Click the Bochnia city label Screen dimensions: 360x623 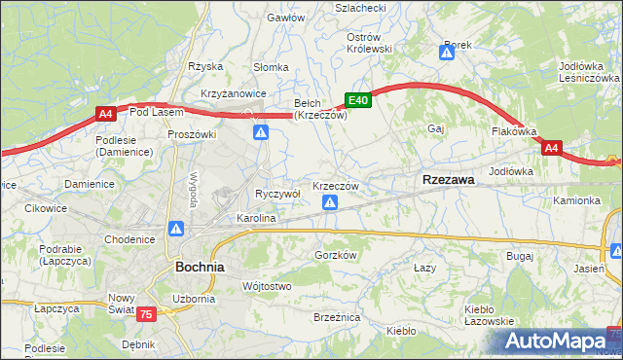[x=200, y=266]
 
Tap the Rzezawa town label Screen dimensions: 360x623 [x=448, y=180]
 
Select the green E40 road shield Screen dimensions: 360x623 [x=358, y=99]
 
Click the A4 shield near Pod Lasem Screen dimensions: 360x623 [x=106, y=115]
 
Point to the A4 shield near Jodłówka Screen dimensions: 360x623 [x=552, y=148]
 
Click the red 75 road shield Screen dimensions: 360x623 [x=146, y=313]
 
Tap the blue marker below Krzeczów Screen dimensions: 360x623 [x=331, y=202]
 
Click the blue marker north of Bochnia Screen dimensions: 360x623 [x=176, y=230]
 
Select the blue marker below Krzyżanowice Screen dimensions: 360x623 [x=261, y=132]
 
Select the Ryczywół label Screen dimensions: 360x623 [x=277, y=194]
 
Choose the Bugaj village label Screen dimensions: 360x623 [x=520, y=256]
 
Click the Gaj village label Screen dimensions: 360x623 [x=436, y=128]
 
